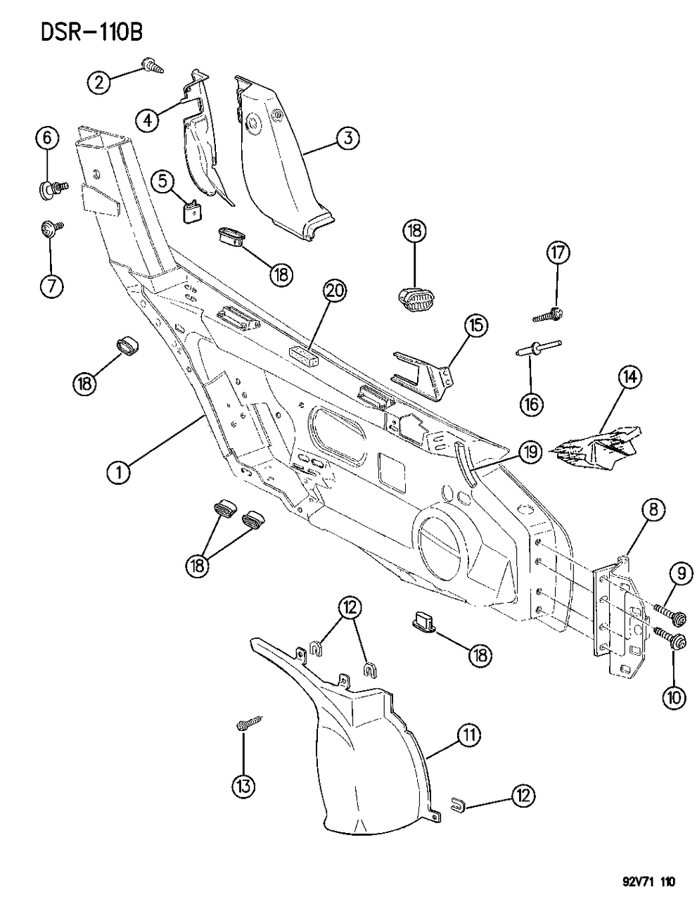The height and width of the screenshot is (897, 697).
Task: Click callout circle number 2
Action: click(100, 82)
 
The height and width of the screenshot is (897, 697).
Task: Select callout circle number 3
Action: click(346, 139)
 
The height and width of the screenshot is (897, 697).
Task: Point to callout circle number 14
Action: click(629, 378)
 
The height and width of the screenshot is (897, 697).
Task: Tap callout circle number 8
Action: click(653, 511)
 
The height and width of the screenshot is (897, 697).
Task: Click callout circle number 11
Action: click(469, 737)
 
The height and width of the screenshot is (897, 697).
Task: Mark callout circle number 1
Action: click(120, 472)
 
